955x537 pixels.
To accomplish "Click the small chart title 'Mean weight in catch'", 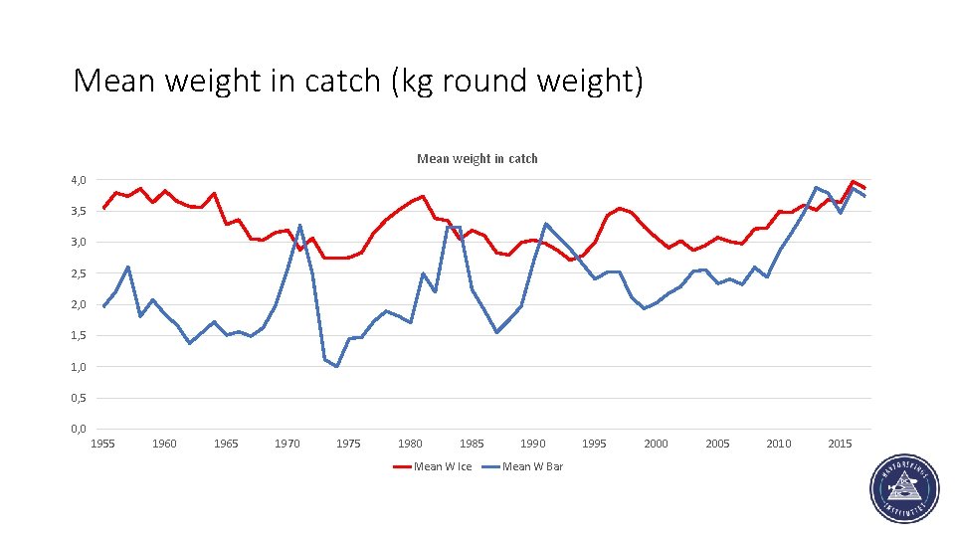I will tap(477, 158).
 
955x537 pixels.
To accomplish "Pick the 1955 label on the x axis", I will tap(102, 445).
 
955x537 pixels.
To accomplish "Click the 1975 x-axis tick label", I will tap(348, 445).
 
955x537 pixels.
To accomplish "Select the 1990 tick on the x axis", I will tap(533, 445).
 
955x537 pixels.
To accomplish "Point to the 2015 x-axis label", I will tap(841, 445).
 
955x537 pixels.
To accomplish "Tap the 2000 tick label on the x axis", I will tap(656, 445).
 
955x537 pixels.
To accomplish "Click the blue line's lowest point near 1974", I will tap(336, 367).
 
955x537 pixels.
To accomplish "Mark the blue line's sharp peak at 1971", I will tap(299, 225).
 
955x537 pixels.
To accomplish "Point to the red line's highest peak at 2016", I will tap(853, 181).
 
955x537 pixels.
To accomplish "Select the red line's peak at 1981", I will tap(423, 196).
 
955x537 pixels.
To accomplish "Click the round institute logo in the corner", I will tap(902, 488).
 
